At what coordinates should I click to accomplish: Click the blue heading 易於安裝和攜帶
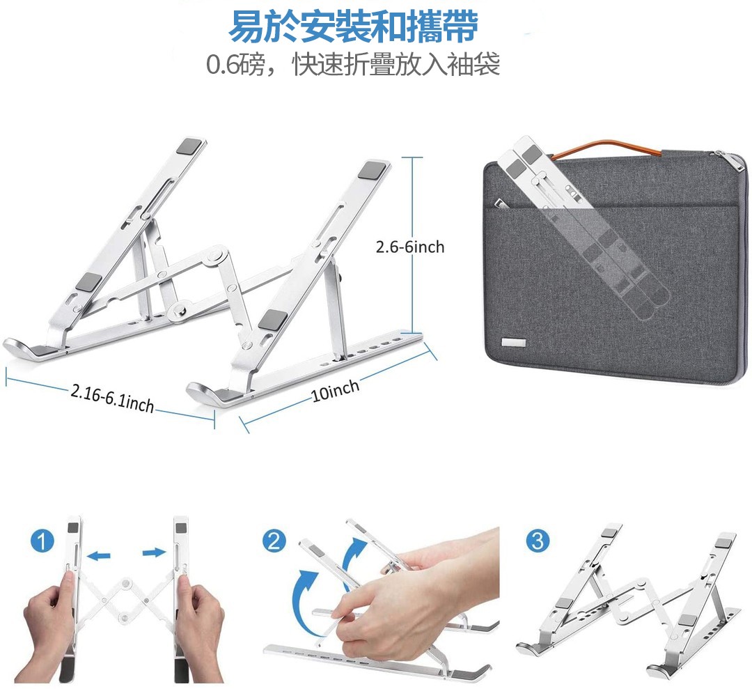click(x=353, y=27)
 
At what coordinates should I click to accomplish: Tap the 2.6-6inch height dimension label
click(x=410, y=247)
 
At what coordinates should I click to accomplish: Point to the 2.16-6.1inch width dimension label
click(x=112, y=398)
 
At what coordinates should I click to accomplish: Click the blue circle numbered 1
click(x=42, y=541)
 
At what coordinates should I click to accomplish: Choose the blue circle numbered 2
click(x=274, y=541)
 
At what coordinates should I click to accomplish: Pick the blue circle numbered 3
click(x=538, y=541)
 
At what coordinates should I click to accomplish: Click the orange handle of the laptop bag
click(x=606, y=148)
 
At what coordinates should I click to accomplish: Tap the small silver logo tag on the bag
click(x=514, y=343)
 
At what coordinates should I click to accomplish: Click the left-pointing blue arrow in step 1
click(x=100, y=556)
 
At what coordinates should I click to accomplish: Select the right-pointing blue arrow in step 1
click(x=155, y=552)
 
